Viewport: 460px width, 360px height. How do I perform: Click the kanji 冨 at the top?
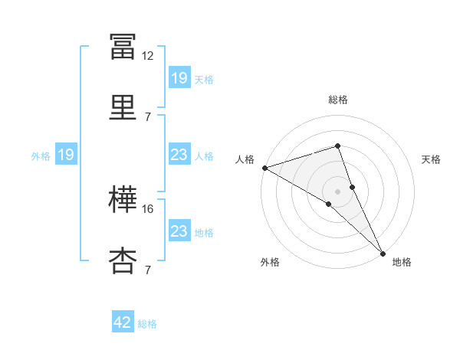123,47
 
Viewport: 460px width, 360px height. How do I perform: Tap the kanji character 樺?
123,199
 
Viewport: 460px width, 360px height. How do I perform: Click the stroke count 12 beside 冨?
147,56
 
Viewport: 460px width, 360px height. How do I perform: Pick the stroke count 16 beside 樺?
147,209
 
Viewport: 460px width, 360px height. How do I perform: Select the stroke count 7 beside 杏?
148,270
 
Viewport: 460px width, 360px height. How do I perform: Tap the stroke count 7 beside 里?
148,117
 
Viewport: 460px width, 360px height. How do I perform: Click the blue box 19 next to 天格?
179,77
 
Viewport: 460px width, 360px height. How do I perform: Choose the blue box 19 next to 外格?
66,154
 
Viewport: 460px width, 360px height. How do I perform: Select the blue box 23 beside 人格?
179,154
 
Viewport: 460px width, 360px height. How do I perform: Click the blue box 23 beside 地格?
179,230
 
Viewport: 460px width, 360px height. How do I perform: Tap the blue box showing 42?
123,321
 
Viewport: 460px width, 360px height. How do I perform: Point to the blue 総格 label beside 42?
147,324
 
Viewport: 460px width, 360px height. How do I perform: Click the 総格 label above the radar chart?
337,100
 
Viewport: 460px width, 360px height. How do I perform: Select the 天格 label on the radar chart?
431,159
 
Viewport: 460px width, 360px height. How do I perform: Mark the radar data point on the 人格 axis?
265,168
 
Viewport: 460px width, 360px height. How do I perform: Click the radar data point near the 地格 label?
383,254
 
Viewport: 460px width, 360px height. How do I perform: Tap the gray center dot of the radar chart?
337,191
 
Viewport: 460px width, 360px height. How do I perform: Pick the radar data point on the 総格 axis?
337,146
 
